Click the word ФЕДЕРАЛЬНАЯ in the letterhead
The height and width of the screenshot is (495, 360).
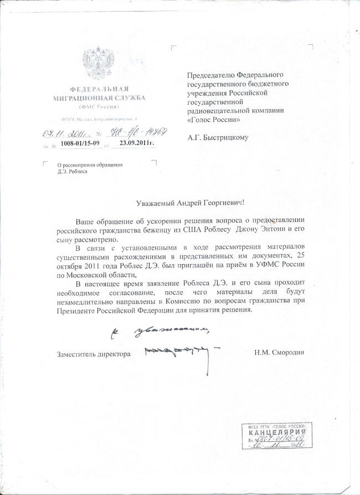(x=99, y=90)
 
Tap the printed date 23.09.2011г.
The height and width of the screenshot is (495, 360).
(x=133, y=143)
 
